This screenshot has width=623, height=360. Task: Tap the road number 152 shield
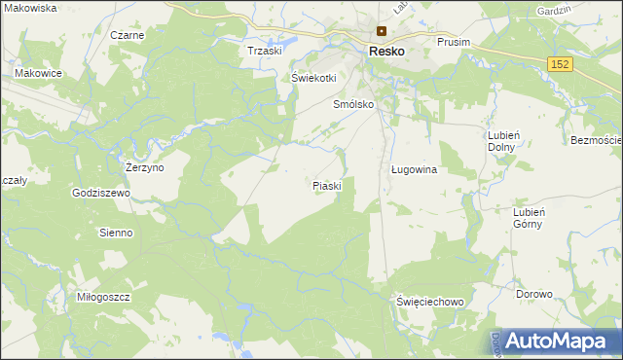click(x=559, y=63)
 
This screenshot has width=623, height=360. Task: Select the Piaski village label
click(x=327, y=185)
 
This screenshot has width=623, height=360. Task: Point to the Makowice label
click(x=39, y=73)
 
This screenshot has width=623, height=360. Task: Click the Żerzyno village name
click(x=145, y=167)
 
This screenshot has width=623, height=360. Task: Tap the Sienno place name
click(x=116, y=233)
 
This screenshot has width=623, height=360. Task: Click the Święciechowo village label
click(x=429, y=302)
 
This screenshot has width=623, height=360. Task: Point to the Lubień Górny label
click(x=534, y=217)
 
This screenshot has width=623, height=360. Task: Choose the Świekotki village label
click(x=313, y=78)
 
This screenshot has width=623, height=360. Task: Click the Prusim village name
click(x=454, y=43)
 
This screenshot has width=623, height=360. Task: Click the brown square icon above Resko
click(x=382, y=30)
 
